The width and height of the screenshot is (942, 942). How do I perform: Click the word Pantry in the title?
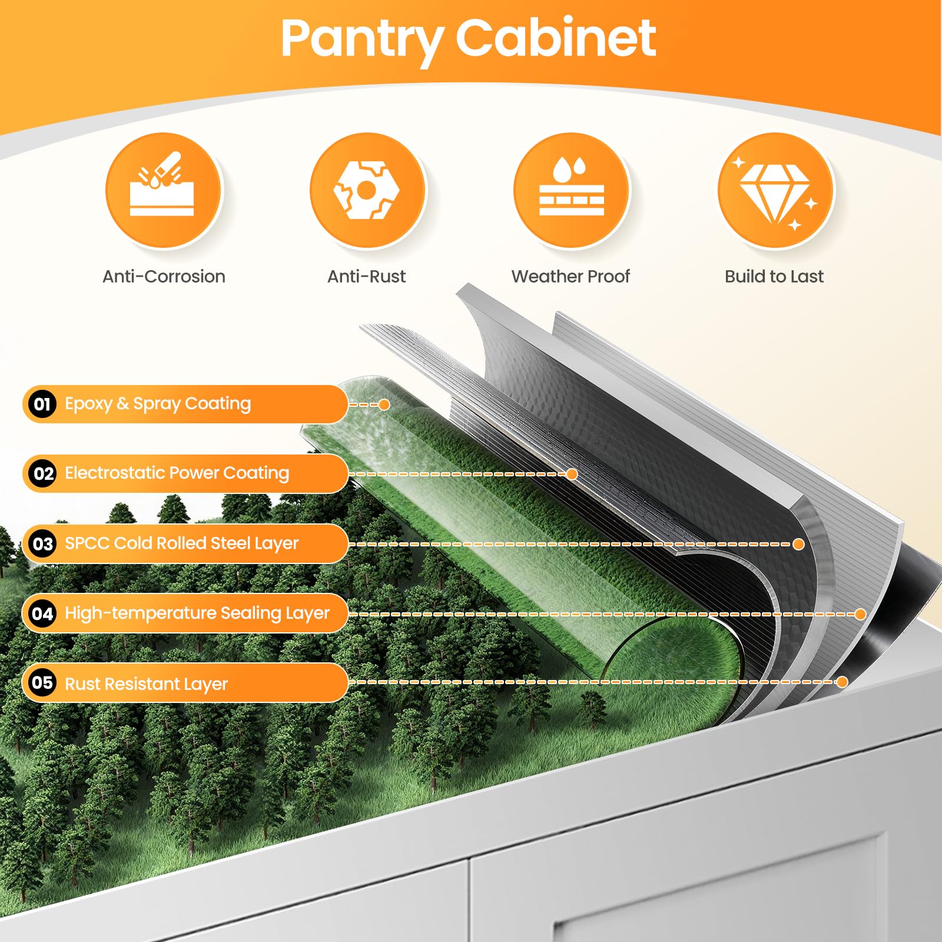tap(362, 40)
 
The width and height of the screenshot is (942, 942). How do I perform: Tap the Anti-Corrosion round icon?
tap(163, 190)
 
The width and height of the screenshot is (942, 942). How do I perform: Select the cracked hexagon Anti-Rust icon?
tap(367, 190)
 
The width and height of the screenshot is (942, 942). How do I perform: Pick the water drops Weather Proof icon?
tap(571, 190)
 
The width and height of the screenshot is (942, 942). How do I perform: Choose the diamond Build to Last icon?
tap(775, 190)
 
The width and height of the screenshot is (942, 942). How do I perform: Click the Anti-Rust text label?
tap(366, 276)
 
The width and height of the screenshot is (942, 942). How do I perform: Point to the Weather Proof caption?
tap(570, 276)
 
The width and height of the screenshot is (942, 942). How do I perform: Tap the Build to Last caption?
tap(774, 276)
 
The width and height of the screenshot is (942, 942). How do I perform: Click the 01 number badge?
tap(42, 404)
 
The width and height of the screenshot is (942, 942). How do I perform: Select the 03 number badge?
tap(42, 543)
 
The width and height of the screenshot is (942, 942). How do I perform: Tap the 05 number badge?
tap(42, 683)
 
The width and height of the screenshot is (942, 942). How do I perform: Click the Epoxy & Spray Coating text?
tap(158, 404)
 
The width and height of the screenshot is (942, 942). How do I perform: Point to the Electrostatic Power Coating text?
tap(177, 473)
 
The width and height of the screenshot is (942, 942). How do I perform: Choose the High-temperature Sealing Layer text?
tap(197, 613)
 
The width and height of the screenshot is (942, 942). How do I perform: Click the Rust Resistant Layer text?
tap(146, 684)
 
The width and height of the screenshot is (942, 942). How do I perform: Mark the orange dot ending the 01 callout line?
tap(384, 404)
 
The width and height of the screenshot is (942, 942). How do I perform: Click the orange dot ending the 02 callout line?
tap(572, 474)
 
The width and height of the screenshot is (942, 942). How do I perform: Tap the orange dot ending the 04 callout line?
tap(860, 614)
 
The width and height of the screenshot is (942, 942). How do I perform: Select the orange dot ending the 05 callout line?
tap(842, 682)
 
